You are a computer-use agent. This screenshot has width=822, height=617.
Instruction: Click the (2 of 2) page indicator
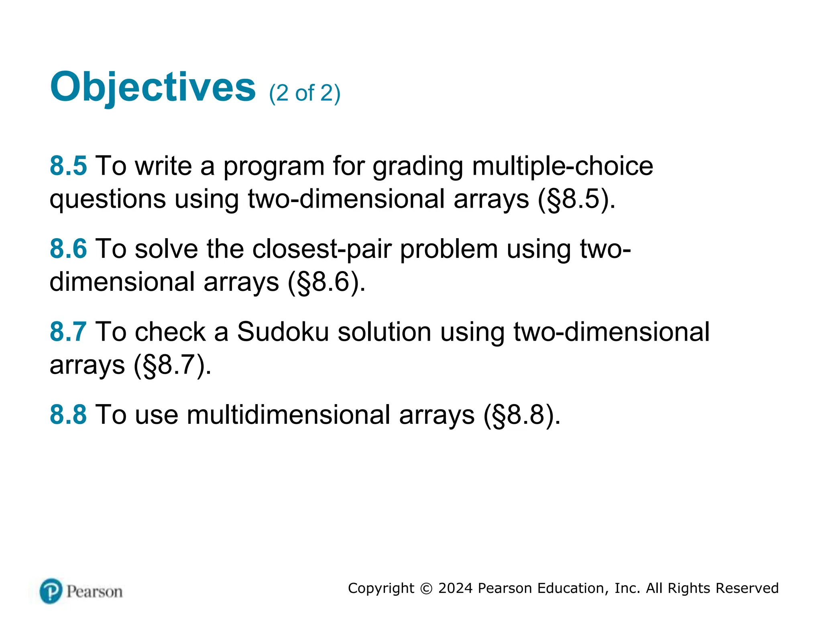(305, 93)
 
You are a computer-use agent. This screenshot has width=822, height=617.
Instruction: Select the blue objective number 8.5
(68, 165)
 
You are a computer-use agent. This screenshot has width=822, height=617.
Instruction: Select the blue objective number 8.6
(68, 249)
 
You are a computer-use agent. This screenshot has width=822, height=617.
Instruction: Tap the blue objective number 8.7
(68, 332)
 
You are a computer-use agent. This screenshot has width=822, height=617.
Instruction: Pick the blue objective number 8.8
(68, 415)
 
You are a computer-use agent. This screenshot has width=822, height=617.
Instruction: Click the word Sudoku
(283, 332)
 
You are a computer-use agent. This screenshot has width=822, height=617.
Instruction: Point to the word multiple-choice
(562, 165)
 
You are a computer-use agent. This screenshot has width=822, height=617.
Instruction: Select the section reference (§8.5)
(576, 199)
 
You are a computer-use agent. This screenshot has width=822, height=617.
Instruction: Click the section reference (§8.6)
(326, 282)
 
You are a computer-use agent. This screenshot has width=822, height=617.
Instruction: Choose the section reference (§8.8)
(521, 415)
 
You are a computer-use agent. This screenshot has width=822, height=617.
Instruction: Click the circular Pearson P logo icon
(51, 591)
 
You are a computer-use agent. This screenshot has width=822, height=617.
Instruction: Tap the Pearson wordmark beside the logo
(94, 592)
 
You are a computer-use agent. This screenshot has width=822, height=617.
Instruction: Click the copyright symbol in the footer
(426, 588)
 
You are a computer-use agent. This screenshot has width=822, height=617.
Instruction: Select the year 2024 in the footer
(455, 588)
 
